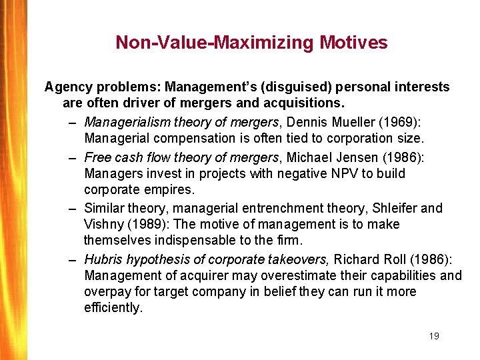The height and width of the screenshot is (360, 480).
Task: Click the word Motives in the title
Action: [x=353, y=43]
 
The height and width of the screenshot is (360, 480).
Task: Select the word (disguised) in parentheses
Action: [x=299, y=87]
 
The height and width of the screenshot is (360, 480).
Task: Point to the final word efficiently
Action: [x=113, y=308]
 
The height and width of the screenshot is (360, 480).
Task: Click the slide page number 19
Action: [x=434, y=336]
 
